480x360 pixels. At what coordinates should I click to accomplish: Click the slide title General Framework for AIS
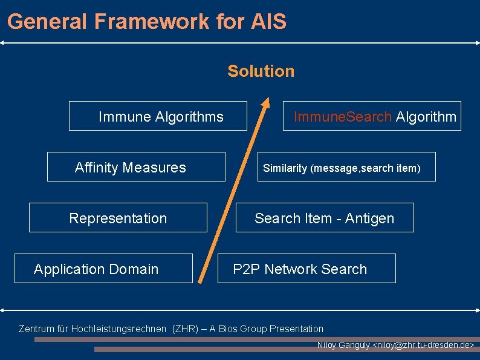click(147, 22)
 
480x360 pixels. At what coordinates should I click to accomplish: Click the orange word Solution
click(261, 71)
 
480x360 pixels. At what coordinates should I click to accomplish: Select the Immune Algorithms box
click(158, 116)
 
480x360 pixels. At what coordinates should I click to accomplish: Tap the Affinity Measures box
click(136, 167)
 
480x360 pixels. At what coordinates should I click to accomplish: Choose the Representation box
click(118, 218)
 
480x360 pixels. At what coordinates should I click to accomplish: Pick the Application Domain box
click(103, 269)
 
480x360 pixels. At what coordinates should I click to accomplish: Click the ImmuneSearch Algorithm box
click(372, 116)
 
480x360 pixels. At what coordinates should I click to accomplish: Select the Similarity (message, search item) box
click(346, 167)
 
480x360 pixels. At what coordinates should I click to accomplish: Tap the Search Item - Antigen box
click(325, 218)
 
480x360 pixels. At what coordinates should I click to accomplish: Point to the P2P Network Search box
click(306, 269)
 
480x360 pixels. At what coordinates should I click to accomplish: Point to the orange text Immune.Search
click(342, 116)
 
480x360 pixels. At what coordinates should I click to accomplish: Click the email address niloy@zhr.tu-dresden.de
click(424, 345)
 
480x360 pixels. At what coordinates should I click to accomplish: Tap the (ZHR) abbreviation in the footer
click(184, 329)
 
